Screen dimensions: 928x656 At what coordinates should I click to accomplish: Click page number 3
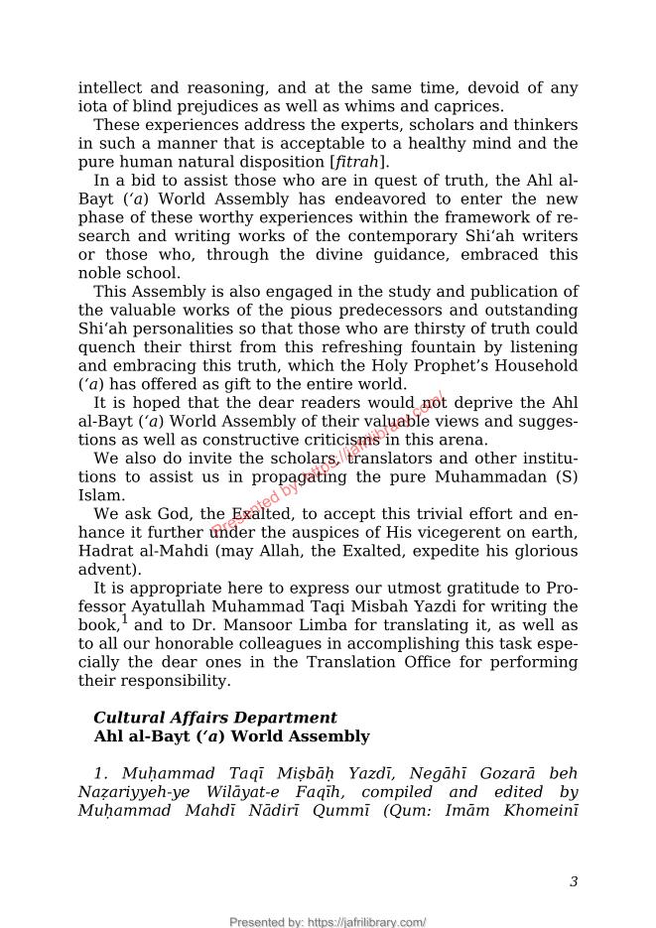574,881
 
